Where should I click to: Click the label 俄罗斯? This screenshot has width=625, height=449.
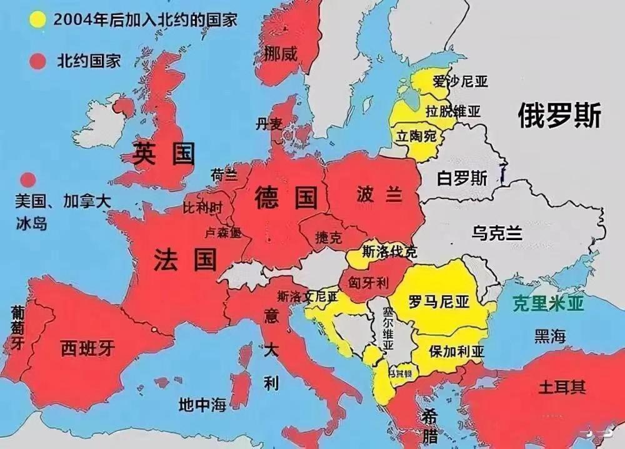point(559,116)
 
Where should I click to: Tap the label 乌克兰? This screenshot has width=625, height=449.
point(497,233)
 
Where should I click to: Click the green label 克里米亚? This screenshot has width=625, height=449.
point(547,304)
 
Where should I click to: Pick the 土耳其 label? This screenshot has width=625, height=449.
point(562,386)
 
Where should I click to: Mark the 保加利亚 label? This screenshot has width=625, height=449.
point(456,351)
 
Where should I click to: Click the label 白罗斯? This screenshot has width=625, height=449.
point(462,178)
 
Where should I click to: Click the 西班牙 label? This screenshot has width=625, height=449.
point(87,348)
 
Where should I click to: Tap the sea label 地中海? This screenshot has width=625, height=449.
point(201,405)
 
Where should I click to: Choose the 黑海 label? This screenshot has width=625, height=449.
point(550,336)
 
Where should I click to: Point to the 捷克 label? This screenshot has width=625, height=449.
point(329,238)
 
